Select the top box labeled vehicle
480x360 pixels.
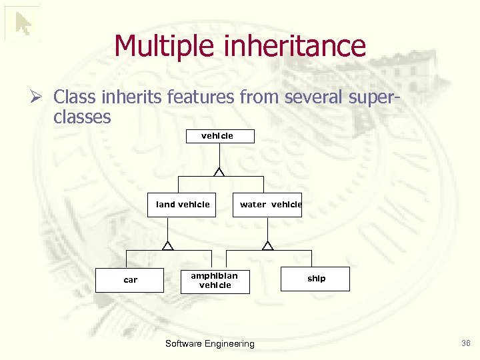coord(217,136)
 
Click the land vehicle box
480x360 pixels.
coord(183,205)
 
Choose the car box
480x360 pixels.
coord(130,280)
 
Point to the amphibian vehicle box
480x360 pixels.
coord(215,280)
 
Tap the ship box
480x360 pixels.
coord(317,279)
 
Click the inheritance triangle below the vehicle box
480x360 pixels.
coord(218,172)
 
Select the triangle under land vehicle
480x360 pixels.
coord(167,246)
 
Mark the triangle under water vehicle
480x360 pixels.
coord(267,246)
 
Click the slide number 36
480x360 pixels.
coord(465,343)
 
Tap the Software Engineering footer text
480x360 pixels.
coord(209,343)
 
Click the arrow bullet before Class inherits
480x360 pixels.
coord(39,97)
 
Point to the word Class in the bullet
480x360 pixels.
coord(74,97)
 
